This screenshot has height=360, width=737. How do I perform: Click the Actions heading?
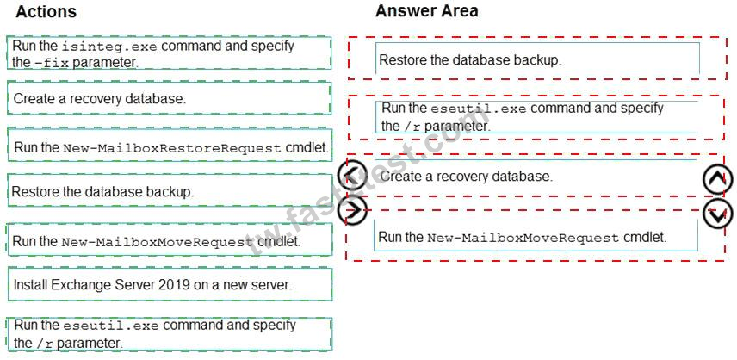(x=46, y=12)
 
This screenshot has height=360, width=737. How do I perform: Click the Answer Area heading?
(x=426, y=11)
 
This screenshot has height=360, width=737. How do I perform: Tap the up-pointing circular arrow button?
(x=717, y=179)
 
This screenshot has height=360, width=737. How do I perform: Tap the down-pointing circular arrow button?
(x=717, y=214)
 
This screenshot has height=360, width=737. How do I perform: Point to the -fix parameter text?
(x=52, y=63)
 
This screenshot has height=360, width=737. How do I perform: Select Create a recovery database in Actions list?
(x=99, y=99)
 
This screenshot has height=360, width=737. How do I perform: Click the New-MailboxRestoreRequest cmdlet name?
(x=172, y=148)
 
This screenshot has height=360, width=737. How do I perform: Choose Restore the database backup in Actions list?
(x=102, y=192)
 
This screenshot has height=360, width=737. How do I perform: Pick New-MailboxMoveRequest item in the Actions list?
(x=157, y=242)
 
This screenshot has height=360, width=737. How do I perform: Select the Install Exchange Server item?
(x=152, y=285)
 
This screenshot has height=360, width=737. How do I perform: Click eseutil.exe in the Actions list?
(x=111, y=326)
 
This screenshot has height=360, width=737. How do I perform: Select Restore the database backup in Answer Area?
(x=470, y=60)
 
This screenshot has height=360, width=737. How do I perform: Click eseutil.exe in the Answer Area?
(x=479, y=109)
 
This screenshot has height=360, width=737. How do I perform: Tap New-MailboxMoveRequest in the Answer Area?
(x=523, y=238)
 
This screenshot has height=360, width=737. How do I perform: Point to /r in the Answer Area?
(x=411, y=127)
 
